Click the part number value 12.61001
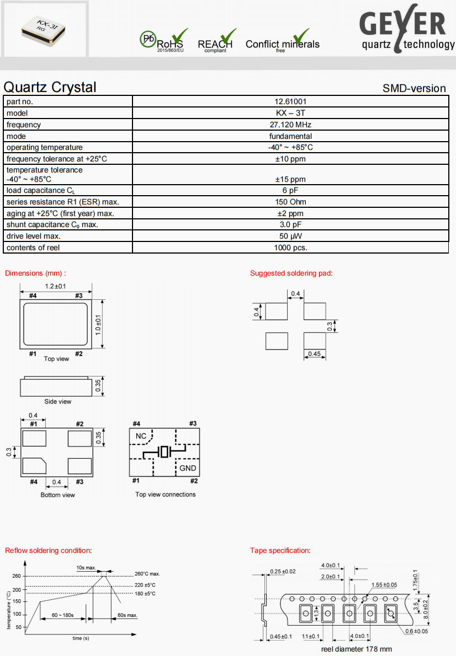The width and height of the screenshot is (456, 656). tap(290, 101)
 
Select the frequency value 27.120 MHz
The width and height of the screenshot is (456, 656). tap(290, 125)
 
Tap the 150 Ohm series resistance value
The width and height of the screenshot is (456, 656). tap(290, 202)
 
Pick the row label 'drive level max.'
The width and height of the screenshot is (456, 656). tap(34, 236)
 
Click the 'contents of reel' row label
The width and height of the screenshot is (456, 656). tap(33, 248)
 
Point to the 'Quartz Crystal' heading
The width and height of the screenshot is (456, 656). tap(50, 87)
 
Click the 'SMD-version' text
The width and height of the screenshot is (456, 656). tap(414, 88)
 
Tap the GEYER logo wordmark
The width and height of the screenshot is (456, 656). tap(403, 25)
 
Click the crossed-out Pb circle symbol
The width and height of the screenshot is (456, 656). tap(147, 39)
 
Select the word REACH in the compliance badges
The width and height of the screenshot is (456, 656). tap(215, 44)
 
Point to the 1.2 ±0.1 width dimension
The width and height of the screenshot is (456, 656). tap(56, 286)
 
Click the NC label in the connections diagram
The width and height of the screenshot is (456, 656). tap(141, 436)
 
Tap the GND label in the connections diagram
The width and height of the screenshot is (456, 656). tap(188, 468)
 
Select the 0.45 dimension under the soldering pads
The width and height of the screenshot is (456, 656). tap(314, 353)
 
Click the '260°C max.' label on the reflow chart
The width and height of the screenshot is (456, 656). tap(147, 574)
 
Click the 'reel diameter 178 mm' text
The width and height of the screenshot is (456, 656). tap(356, 649)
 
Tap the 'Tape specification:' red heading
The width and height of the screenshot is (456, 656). tap(280, 550)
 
